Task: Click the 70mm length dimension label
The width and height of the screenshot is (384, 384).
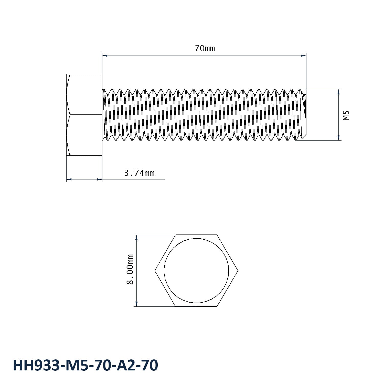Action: click(x=205, y=48)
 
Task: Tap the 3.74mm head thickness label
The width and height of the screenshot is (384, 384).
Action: click(x=139, y=173)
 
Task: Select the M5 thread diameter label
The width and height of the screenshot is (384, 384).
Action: click(x=346, y=115)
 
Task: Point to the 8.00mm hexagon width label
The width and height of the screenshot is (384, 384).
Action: click(x=130, y=269)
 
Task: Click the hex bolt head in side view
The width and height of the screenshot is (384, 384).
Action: click(x=84, y=115)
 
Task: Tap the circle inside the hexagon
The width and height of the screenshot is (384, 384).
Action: click(x=196, y=271)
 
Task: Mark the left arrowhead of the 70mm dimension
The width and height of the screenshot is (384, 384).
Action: click(x=104, y=55)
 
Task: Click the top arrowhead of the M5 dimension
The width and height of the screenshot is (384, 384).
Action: click(x=339, y=91)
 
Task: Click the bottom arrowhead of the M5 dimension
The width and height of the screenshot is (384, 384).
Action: click(x=339, y=138)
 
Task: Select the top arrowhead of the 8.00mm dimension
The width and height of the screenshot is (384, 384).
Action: click(x=136, y=237)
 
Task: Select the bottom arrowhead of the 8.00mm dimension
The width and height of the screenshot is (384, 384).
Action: click(x=136, y=304)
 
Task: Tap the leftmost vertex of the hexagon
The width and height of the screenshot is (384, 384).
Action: click(x=155, y=271)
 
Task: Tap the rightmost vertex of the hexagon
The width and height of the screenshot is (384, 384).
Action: click(x=238, y=271)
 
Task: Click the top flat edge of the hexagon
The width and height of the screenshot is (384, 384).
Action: click(x=196, y=235)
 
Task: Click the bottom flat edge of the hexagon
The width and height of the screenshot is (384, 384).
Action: click(x=196, y=306)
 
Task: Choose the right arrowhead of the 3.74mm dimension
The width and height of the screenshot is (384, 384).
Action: click(x=100, y=179)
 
